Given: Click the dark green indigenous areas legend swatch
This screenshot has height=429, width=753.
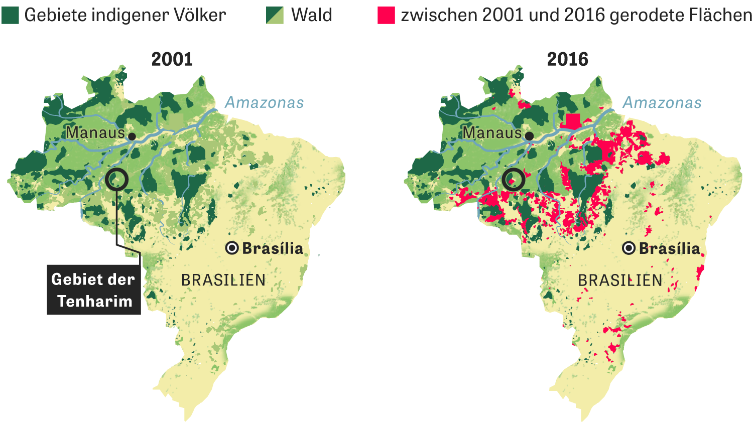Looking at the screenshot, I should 10,15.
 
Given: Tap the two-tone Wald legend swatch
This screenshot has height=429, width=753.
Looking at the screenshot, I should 275,15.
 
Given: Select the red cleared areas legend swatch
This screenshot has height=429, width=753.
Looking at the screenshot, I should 386,15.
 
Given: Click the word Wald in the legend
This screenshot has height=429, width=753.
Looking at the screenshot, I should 311,15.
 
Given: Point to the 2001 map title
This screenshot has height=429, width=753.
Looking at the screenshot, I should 172,59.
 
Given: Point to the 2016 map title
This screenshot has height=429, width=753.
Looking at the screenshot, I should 567,59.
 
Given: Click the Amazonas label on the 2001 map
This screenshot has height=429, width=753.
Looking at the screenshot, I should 264,102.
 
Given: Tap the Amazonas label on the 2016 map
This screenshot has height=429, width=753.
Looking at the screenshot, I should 662,102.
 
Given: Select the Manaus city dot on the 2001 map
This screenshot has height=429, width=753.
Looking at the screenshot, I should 132,136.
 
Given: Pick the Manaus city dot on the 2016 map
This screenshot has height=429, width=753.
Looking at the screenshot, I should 529,136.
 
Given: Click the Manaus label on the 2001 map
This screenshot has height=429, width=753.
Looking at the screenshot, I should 95,132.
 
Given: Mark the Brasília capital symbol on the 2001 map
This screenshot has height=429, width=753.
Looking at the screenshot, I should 232,248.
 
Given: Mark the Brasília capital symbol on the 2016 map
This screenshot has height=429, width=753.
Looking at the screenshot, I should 629,248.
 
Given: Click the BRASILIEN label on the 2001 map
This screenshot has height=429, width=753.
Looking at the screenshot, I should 223,280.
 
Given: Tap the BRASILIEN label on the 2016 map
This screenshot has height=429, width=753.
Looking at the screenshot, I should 620,280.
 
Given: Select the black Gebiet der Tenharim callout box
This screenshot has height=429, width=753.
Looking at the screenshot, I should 94,290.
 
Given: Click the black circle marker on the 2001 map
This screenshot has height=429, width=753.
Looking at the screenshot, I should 117,179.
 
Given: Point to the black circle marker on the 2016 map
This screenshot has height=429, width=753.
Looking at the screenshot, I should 514,179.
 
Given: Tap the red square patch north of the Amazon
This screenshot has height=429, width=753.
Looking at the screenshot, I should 572,121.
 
